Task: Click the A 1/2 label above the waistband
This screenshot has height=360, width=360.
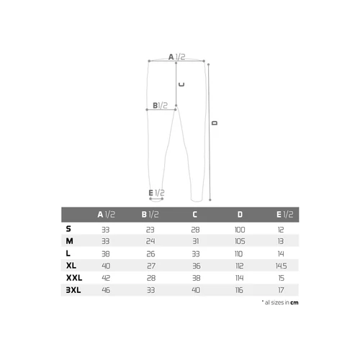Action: [x=176, y=57]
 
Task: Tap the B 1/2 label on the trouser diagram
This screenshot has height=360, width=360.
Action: [x=160, y=105]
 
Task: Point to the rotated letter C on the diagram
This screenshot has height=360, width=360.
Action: [x=181, y=84]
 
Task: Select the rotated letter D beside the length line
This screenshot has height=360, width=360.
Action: [x=215, y=123]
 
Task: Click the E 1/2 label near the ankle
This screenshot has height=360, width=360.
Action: [x=156, y=193]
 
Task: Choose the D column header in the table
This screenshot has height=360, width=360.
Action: [x=240, y=215]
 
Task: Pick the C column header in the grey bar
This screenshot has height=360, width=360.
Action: [x=195, y=215]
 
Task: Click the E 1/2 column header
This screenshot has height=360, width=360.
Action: [x=285, y=215]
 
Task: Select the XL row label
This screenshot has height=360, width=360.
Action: [x=71, y=266]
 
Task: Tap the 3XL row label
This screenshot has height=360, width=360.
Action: [x=73, y=290]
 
